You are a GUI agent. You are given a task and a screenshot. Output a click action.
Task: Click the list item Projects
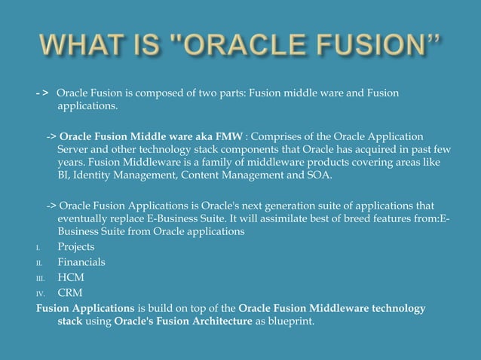tap(76, 247)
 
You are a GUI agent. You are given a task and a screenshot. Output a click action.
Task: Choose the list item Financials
tap(81, 262)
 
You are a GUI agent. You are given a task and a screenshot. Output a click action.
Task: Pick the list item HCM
tap(71, 277)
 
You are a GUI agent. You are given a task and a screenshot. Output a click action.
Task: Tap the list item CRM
tap(70, 292)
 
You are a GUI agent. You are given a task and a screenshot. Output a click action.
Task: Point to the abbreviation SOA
tap(318, 176)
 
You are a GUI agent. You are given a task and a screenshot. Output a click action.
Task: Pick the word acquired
tap(358, 150)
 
